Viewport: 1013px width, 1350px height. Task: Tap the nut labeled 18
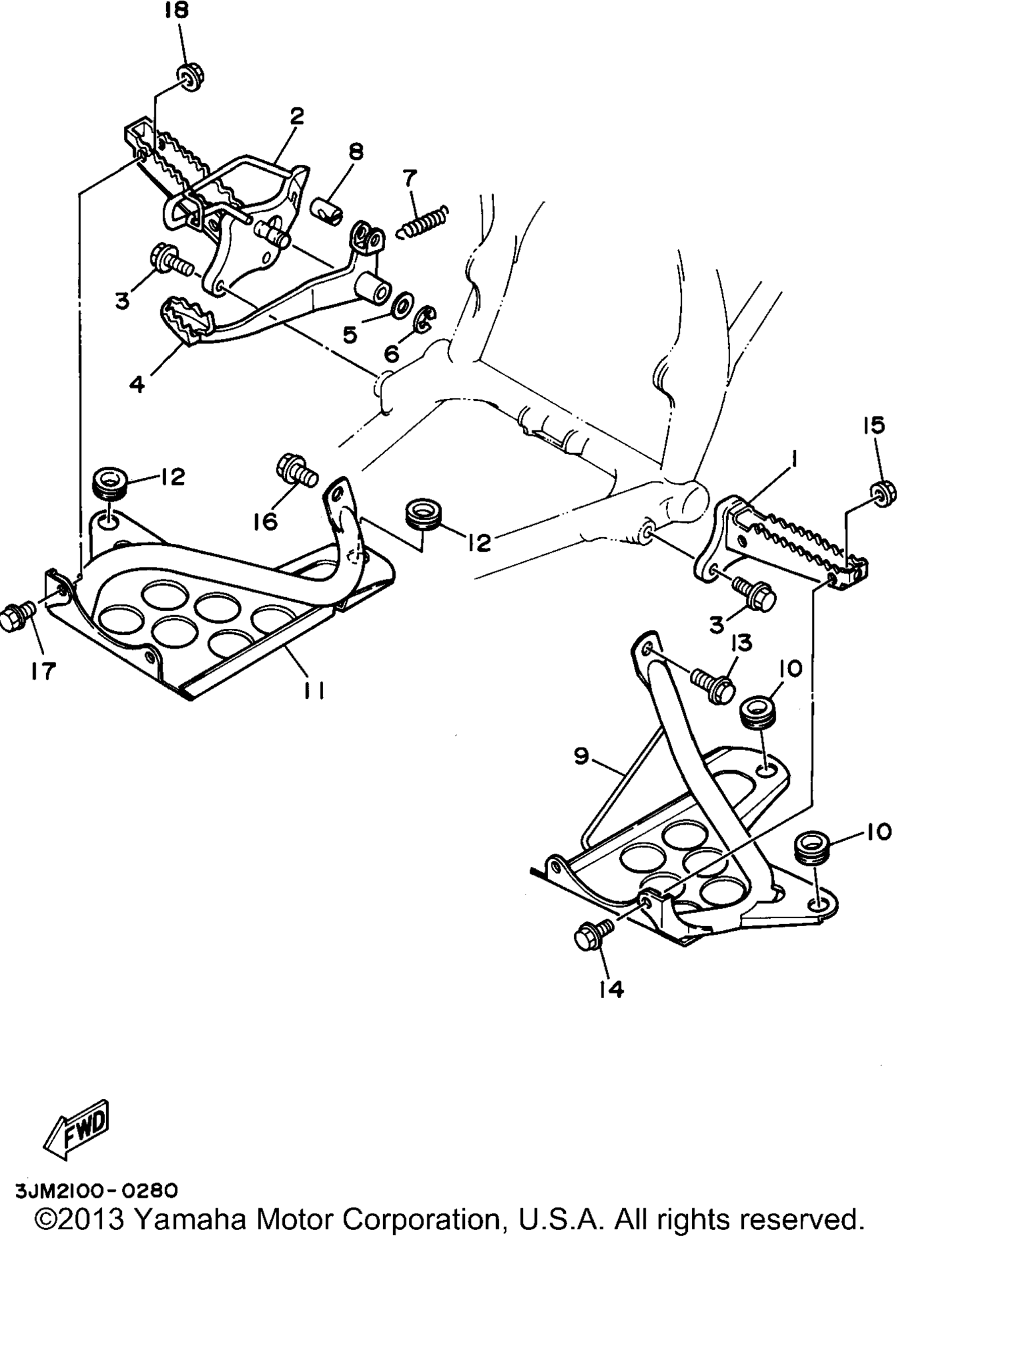190,77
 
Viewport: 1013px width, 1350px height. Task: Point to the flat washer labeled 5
401,307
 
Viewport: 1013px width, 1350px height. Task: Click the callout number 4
137,384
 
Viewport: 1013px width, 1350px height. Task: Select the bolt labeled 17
17,616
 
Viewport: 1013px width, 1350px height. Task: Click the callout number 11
314,690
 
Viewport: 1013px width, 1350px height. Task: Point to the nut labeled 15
882,492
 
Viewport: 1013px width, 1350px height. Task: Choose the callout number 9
581,756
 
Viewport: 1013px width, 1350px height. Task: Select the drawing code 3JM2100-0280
96,1190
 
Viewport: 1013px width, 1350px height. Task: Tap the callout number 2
297,117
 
